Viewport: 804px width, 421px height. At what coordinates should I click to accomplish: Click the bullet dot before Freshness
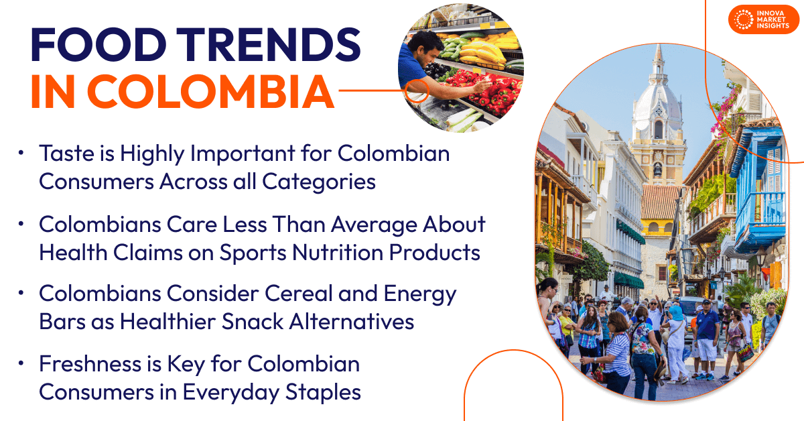pos(22,364)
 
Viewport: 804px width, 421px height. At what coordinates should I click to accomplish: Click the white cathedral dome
pos(657,101)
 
